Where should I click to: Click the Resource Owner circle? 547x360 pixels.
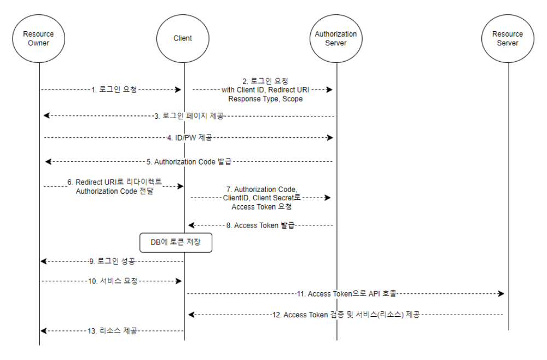click(38, 38)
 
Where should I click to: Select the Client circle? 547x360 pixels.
click(183, 38)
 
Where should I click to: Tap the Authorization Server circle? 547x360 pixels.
click(335, 38)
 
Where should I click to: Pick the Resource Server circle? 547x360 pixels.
click(507, 38)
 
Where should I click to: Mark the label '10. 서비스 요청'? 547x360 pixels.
click(113, 281)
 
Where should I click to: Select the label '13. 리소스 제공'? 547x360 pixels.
click(113, 330)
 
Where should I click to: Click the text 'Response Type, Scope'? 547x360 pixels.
click(265, 99)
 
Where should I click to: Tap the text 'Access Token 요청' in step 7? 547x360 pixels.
click(261, 207)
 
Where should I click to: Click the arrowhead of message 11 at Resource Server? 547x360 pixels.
click(501, 294)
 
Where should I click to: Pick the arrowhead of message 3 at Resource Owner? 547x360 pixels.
click(46, 116)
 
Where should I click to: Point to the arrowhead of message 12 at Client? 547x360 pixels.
click(191, 315)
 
